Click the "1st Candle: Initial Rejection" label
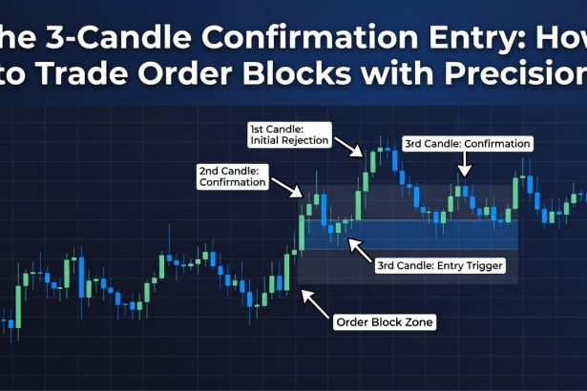[x=288, y=134]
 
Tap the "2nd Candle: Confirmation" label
[x=232, y=176]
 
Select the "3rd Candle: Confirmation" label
[x=467, y=144]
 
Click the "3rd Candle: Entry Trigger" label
[x=440, y=264]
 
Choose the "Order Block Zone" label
[x=385, y=322]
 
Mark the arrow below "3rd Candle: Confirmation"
[x=465, y=168]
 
